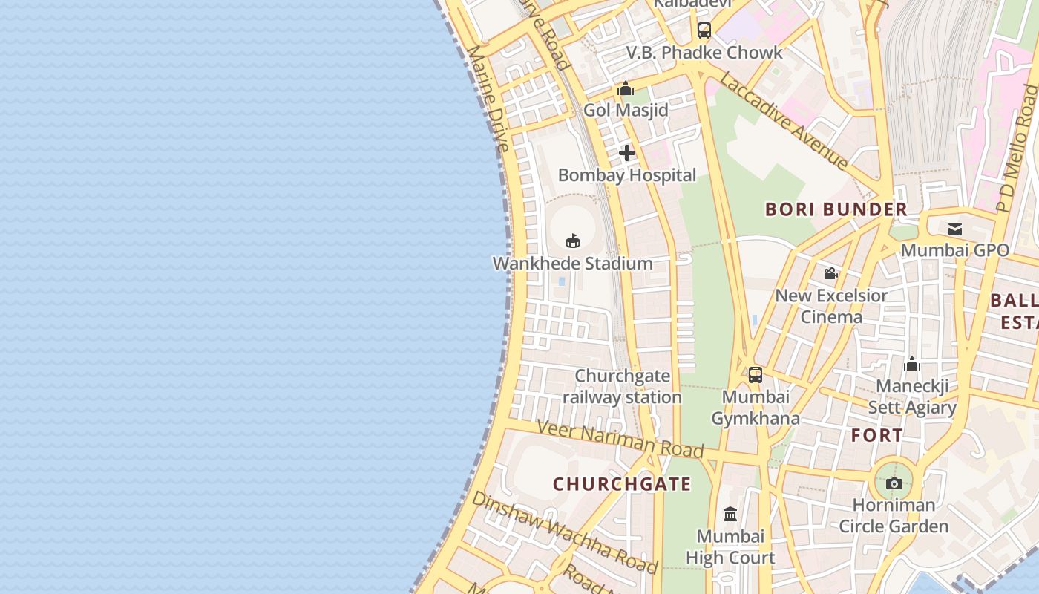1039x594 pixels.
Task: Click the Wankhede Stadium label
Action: (x=572, y=263)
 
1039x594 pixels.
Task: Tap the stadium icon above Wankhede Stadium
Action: (x=572, y=241)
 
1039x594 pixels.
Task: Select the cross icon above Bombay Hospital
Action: (x=627, y=153)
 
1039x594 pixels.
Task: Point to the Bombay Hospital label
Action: (x=627, y=175)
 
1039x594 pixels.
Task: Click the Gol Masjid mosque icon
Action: (x=626, y=89)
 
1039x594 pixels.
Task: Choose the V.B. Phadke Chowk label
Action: (x=704, y=53)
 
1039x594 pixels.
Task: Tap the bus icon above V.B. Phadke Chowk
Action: (x=704, y=30)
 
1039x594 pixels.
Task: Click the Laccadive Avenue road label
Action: (x=784, y=120)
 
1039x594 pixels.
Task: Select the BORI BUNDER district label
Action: (x=836, y=209)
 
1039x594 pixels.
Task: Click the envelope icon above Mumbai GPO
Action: (x=954, y=229)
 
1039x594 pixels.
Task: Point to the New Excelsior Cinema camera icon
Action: (x=830, y=273)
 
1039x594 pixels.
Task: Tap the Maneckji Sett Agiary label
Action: (x=912, y=396)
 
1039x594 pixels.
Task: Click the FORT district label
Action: (x=877, y=435)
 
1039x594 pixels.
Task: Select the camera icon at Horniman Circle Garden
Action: (x=894, y=484)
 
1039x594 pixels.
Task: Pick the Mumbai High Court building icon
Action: (x=730, y=514)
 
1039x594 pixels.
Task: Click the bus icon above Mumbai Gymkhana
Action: (x=755, y=375)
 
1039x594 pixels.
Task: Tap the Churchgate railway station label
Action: (x=622, y=386)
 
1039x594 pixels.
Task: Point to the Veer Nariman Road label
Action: (x=620, y=438)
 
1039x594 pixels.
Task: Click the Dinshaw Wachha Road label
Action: (x=564, y=532)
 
